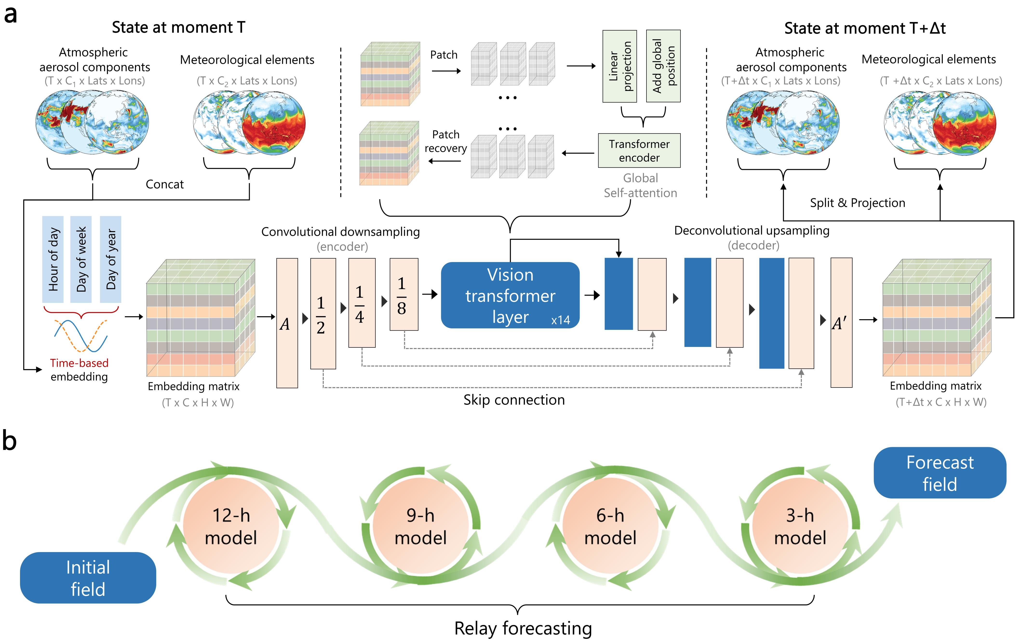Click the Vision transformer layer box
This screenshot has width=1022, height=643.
pyautogui.click(x=510, y=295)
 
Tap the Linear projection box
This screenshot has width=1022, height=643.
pyautogui.click(x=620, y=66)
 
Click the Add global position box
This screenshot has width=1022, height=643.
pyautogui.click(x=663, y=66)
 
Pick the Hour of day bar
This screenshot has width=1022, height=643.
pyautogui.click(x=53, y=259)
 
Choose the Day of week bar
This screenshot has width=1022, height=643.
pyautogui.click(x=81, y=259)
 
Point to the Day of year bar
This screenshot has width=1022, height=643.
pyautogui.click(x=111, y=259)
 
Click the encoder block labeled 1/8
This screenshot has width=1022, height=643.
pyautogui.click(x=404, y=294)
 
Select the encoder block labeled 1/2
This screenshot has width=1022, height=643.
pyautogui.click(x=323, y=313)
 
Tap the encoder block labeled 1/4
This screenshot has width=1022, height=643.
pyautogui.click(x=362, y=303)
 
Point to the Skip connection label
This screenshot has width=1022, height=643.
pyautogui.click(x=514, y=400)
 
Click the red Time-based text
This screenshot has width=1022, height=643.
pyautogui.click(x=79, y=363)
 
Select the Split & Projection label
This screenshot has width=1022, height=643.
pyautogui.click(x=857, y=203)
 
